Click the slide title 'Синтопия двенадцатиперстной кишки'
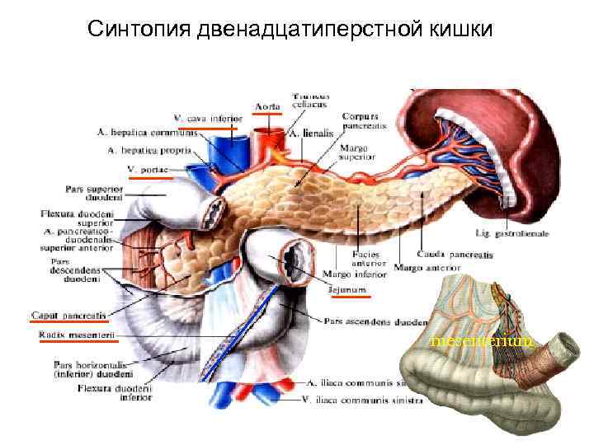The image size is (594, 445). coord(290,30)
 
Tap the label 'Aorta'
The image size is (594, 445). coord(266,106)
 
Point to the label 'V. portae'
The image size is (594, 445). coord(148,170)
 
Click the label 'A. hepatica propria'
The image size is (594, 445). coord(149,151)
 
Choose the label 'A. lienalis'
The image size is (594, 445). coord(309,133)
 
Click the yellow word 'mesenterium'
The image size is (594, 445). coord(482,340)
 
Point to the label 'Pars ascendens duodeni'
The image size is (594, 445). coord(375,321)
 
